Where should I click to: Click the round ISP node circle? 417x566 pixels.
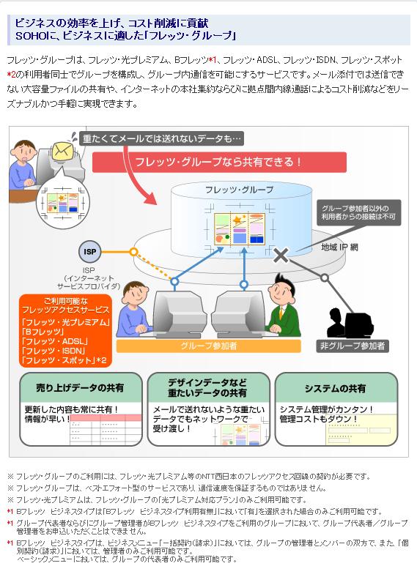point(89,252)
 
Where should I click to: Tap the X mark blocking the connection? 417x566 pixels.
point(281,255)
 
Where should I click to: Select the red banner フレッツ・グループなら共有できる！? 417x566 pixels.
point(219,162)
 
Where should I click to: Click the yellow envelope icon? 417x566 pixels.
point(62,151)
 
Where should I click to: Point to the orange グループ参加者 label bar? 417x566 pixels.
point(208,346)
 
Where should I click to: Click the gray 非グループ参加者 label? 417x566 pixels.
point(353,346)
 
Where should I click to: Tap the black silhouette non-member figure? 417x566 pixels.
point(349,323)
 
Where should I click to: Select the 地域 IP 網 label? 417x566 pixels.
point(339,247)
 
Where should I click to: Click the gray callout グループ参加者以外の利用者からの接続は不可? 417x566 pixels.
point(359,212)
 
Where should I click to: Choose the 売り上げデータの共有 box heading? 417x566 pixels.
point(80,388)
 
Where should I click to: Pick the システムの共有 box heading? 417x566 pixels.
point(336,388)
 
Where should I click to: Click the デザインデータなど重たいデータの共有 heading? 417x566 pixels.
point(207,387)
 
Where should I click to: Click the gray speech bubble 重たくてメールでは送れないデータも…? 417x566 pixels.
point(161,138)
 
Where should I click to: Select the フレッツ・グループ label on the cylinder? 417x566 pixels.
point(239,190)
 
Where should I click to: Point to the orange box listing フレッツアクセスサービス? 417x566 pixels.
point(65,331)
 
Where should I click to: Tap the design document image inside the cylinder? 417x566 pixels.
point(240,229)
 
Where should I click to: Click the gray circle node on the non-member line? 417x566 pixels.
point(325,278)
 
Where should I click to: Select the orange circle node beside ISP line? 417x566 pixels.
point(133,252)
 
